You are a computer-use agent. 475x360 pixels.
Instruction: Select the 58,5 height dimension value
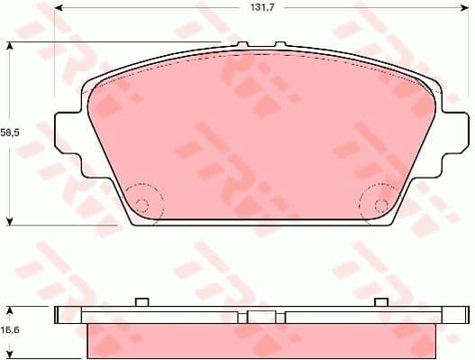(x=9, y=133)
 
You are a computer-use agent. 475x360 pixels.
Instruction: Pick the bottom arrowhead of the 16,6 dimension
(x=10, y=355)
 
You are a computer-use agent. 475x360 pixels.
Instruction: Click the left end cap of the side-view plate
(x=61, y=315)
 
